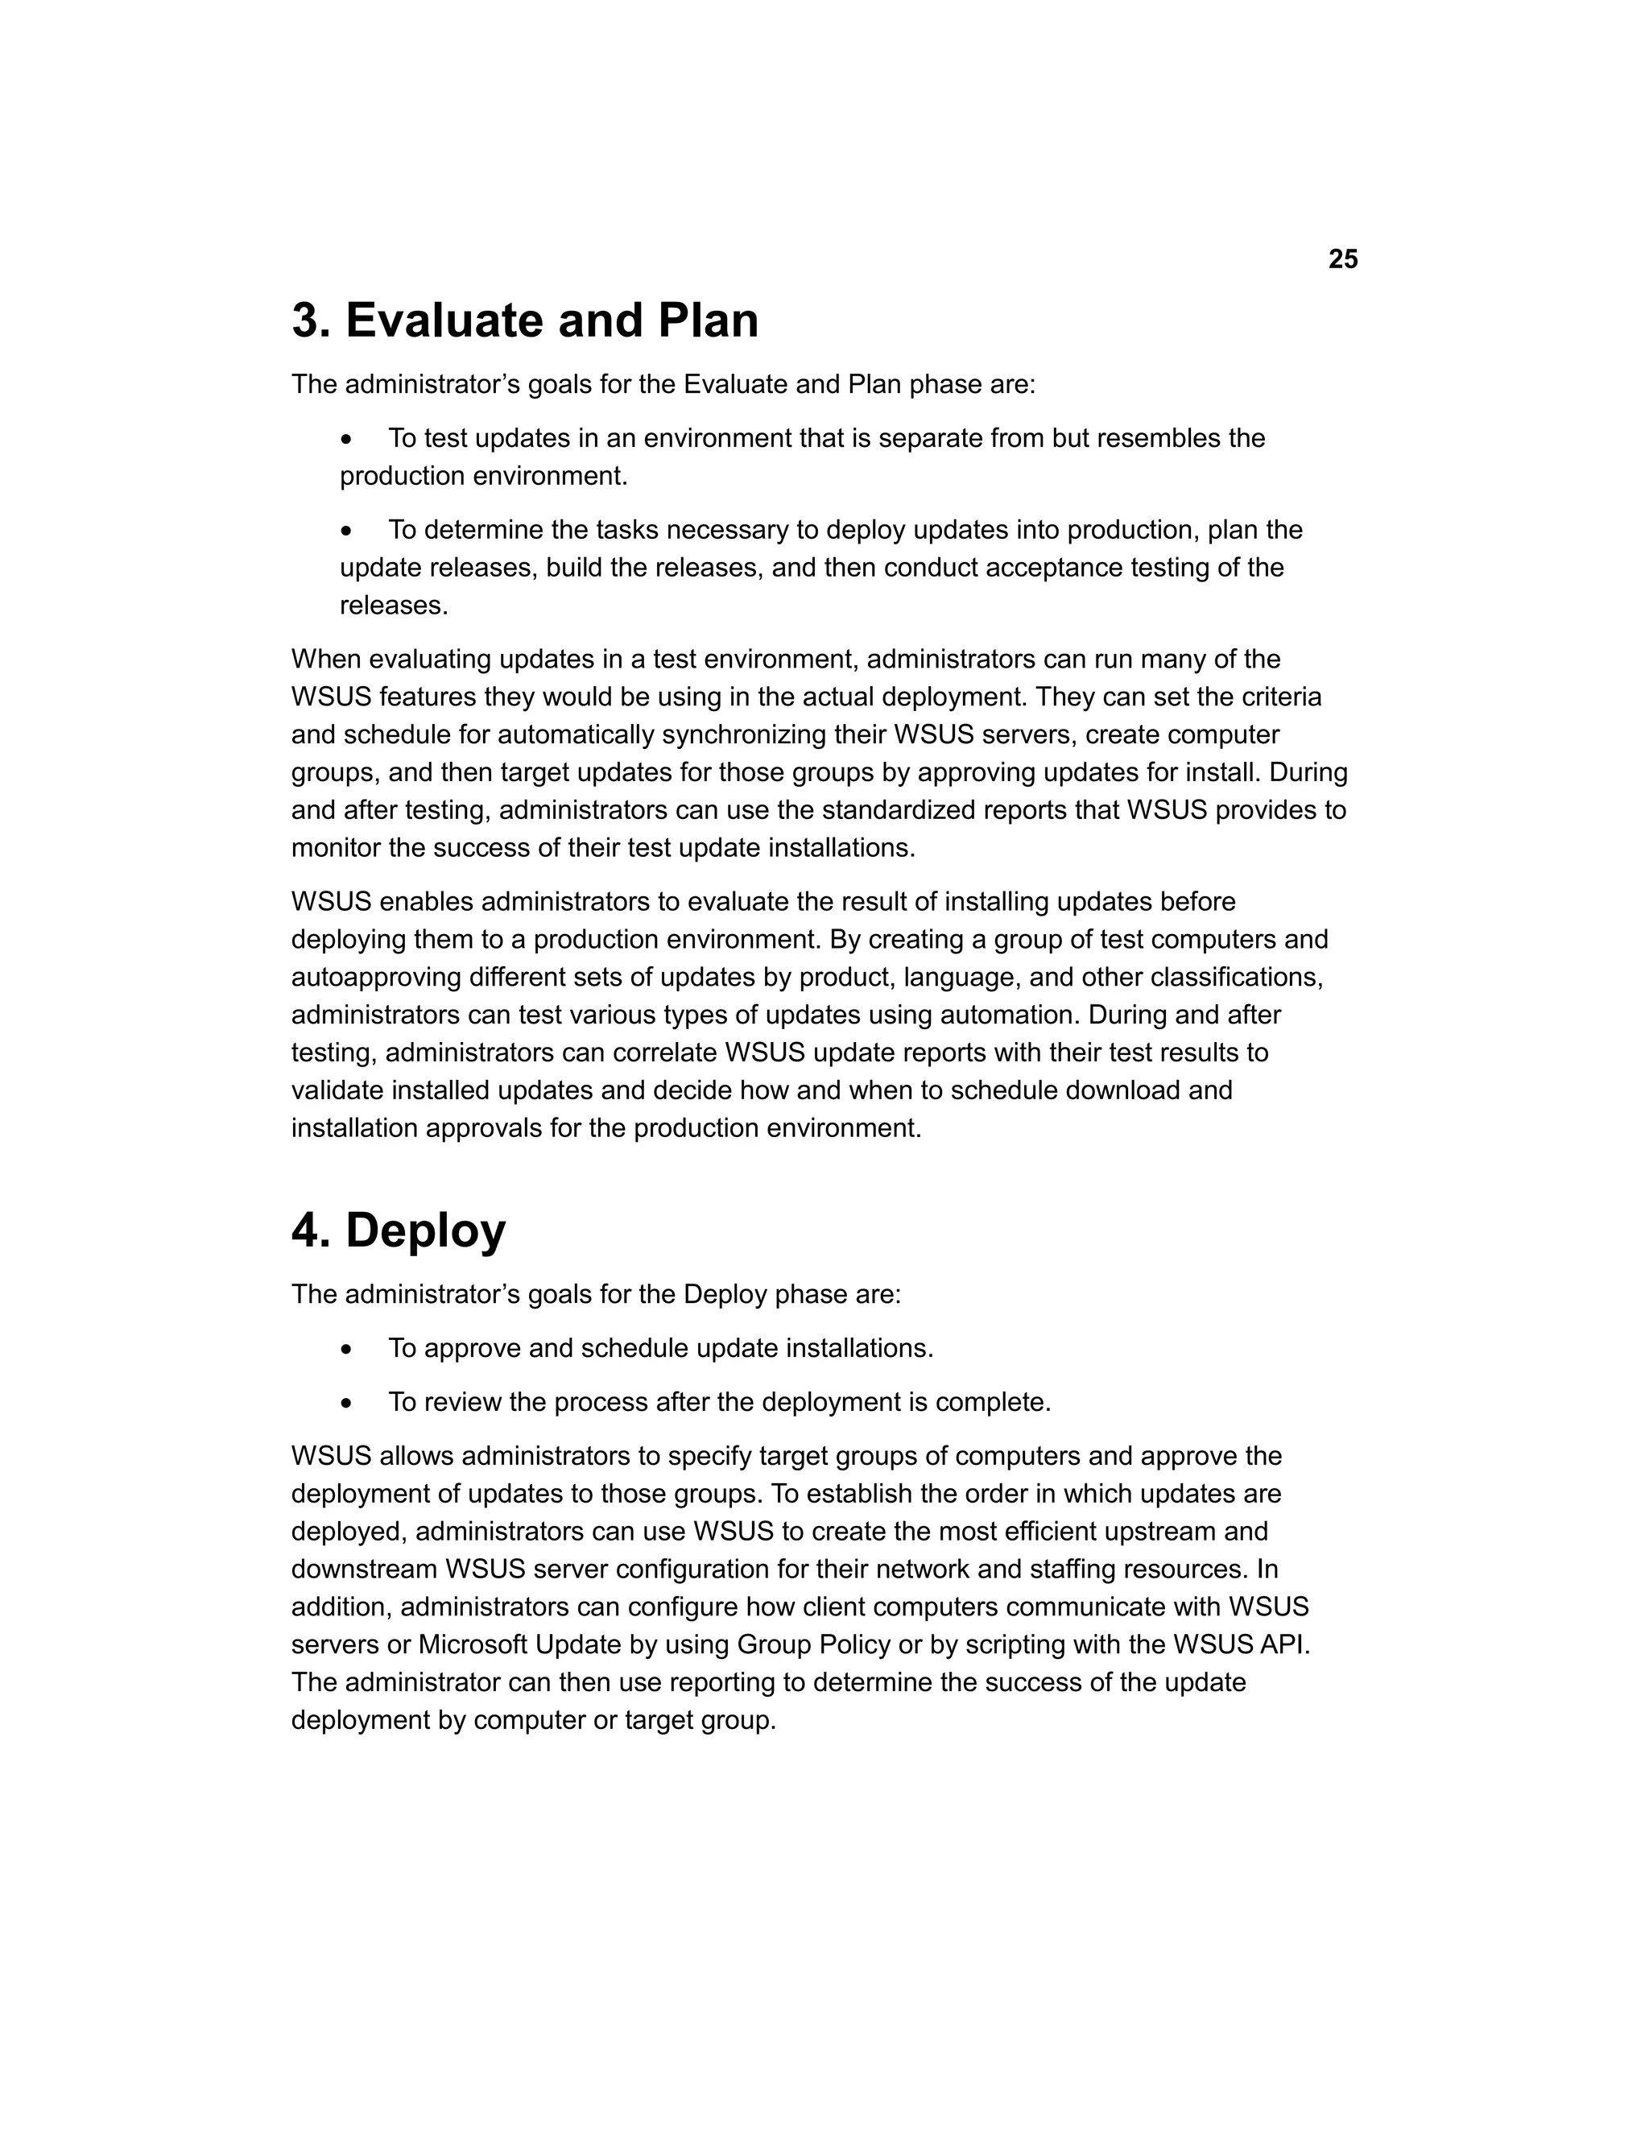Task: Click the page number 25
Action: (x=1342, y=259)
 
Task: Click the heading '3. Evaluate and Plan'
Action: (x=525, y=321)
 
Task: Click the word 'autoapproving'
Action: (x=376, y=977)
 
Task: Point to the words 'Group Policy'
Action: (x=812, y=1645)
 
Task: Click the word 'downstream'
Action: (x=365, y=1569)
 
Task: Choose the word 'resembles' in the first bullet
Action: (x=1159, y=438)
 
